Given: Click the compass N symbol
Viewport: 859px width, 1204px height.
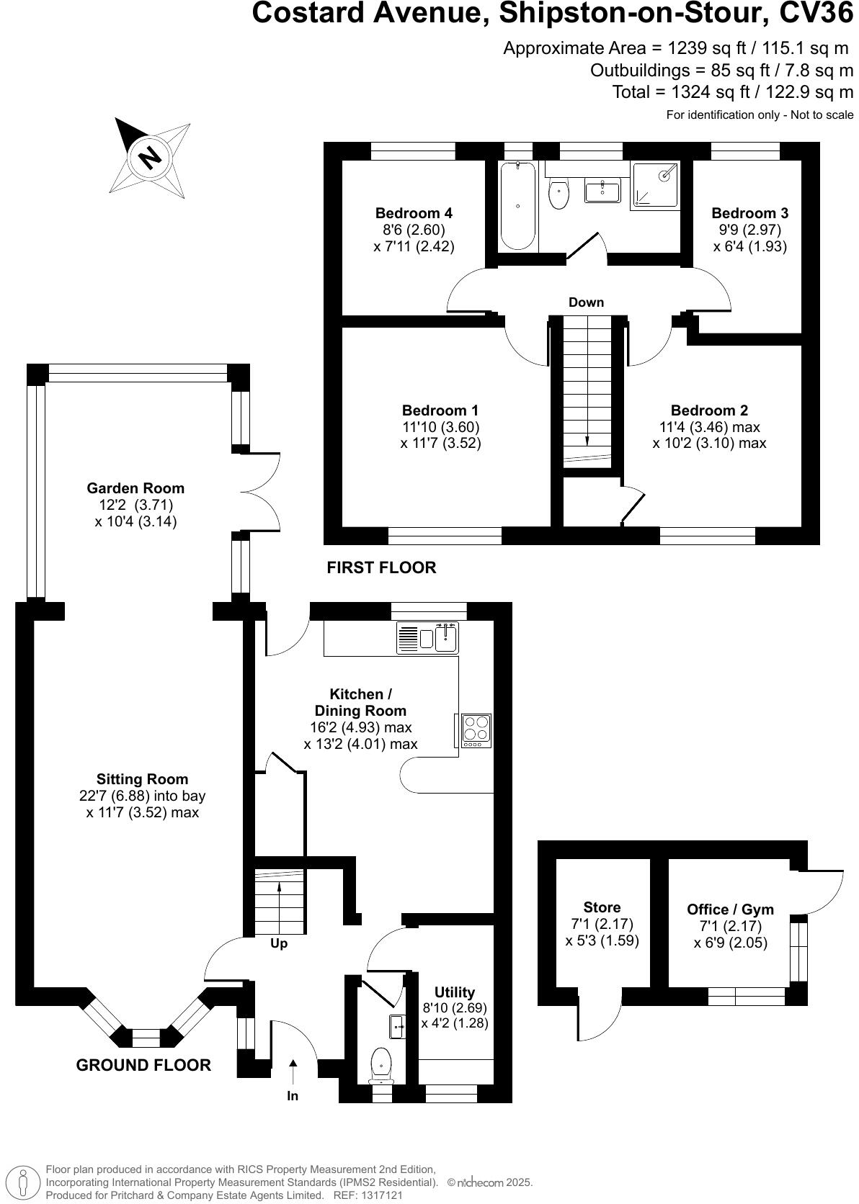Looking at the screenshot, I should tap(150, 157).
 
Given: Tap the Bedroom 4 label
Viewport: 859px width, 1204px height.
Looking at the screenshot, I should tap(414, 213).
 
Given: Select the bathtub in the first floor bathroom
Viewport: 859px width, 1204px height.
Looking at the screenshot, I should tap(518, 206).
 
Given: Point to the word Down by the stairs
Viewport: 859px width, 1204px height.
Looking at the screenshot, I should tap(586, 302).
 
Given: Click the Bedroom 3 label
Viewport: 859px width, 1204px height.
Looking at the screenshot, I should tap(749, 213).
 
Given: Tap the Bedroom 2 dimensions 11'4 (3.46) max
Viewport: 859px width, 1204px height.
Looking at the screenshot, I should tap(709, 427).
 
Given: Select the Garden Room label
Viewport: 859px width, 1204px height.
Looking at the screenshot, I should tap(135, 488).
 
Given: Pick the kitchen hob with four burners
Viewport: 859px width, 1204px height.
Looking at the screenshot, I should tap(476, 729).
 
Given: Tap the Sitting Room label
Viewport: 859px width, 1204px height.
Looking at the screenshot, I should tap(142, 779).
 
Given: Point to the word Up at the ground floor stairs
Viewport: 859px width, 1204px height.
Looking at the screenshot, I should tap(279, 943).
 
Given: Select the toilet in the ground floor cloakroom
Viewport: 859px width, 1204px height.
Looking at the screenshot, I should tap(380, 1064).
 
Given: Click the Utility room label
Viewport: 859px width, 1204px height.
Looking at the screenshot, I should tap(455, 992).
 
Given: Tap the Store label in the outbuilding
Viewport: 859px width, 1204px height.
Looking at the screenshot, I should tap(602, 907).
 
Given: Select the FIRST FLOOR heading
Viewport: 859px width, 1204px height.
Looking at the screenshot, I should tap(381, 567).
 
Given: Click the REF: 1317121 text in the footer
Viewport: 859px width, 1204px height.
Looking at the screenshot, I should tap(376, 1195).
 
